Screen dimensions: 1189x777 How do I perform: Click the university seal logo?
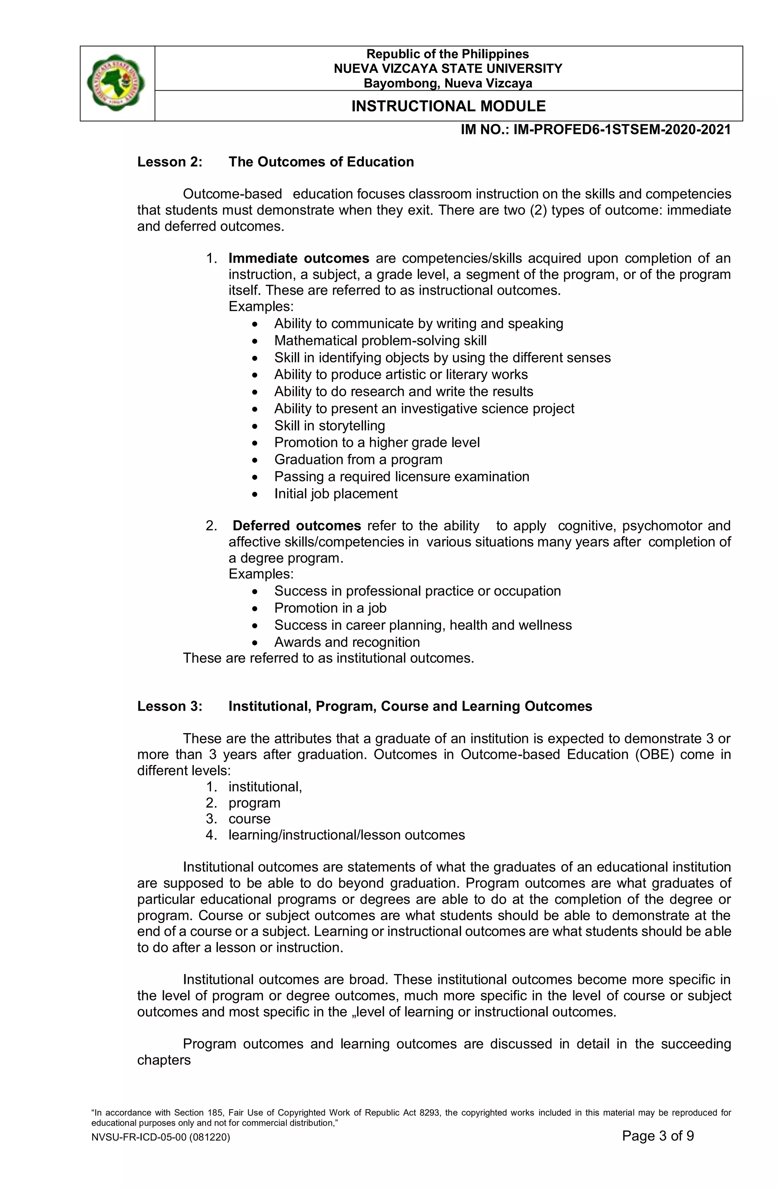(116, 83)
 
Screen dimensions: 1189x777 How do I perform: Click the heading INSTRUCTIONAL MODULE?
(448, 106)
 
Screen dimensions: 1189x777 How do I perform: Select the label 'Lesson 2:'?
(170, 162)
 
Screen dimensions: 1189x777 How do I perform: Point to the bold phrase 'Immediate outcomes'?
(299, 258)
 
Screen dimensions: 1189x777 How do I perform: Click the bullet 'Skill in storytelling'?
(330, 426)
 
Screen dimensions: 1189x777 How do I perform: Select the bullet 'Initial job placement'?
(335, 494)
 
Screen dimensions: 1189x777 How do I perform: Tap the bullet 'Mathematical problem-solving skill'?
(380, 341)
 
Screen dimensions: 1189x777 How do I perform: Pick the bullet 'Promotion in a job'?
(330, 608)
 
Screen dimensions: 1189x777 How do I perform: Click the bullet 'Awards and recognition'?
(346, 642)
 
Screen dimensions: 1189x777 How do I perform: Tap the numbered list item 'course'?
(249, 819)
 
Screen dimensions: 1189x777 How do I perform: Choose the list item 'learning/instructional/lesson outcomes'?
(346, 835)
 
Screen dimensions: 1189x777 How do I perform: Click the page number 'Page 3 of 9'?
(657, 1136)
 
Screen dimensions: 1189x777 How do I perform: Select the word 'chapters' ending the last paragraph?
(164, 1060)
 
